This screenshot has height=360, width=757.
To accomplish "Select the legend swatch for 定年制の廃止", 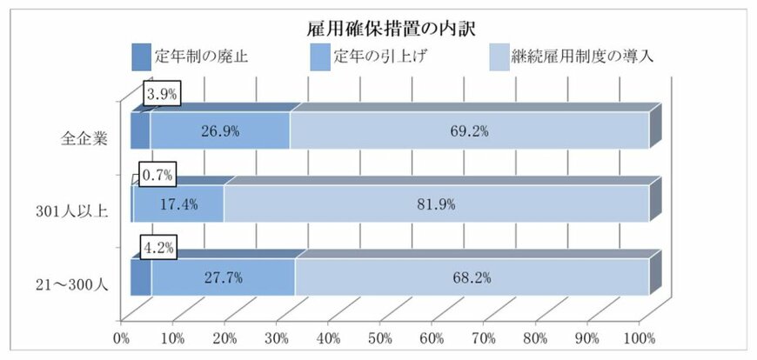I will click(141, 57).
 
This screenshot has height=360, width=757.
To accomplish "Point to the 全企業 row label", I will click(84, 138).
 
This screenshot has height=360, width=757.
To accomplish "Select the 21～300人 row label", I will click(73, 282).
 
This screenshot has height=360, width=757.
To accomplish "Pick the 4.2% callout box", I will click(159, 249).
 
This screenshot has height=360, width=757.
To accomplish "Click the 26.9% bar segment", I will click(219, 131).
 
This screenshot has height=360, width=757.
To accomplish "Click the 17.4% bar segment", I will click(178, 204).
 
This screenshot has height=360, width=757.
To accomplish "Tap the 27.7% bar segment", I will click(223, 278).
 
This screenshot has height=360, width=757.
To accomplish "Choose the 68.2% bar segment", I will click(471, 278).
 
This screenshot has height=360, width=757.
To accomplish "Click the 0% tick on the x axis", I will click(121, 337).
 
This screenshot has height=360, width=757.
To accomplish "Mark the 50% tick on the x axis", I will click(380, 337).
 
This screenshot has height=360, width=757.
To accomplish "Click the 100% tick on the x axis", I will click(639, 337).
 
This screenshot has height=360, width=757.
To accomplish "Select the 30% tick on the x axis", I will click(277, 337).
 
